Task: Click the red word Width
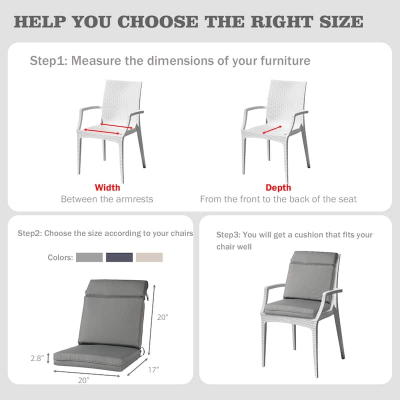107,188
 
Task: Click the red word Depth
278,188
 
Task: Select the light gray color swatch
89,257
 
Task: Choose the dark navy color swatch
119,257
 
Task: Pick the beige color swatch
149,257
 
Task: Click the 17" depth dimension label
154,369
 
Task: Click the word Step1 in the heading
47,61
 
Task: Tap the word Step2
30,233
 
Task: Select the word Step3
228,235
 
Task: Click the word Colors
60,257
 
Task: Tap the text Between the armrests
107,199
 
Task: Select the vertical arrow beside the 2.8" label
48,358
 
